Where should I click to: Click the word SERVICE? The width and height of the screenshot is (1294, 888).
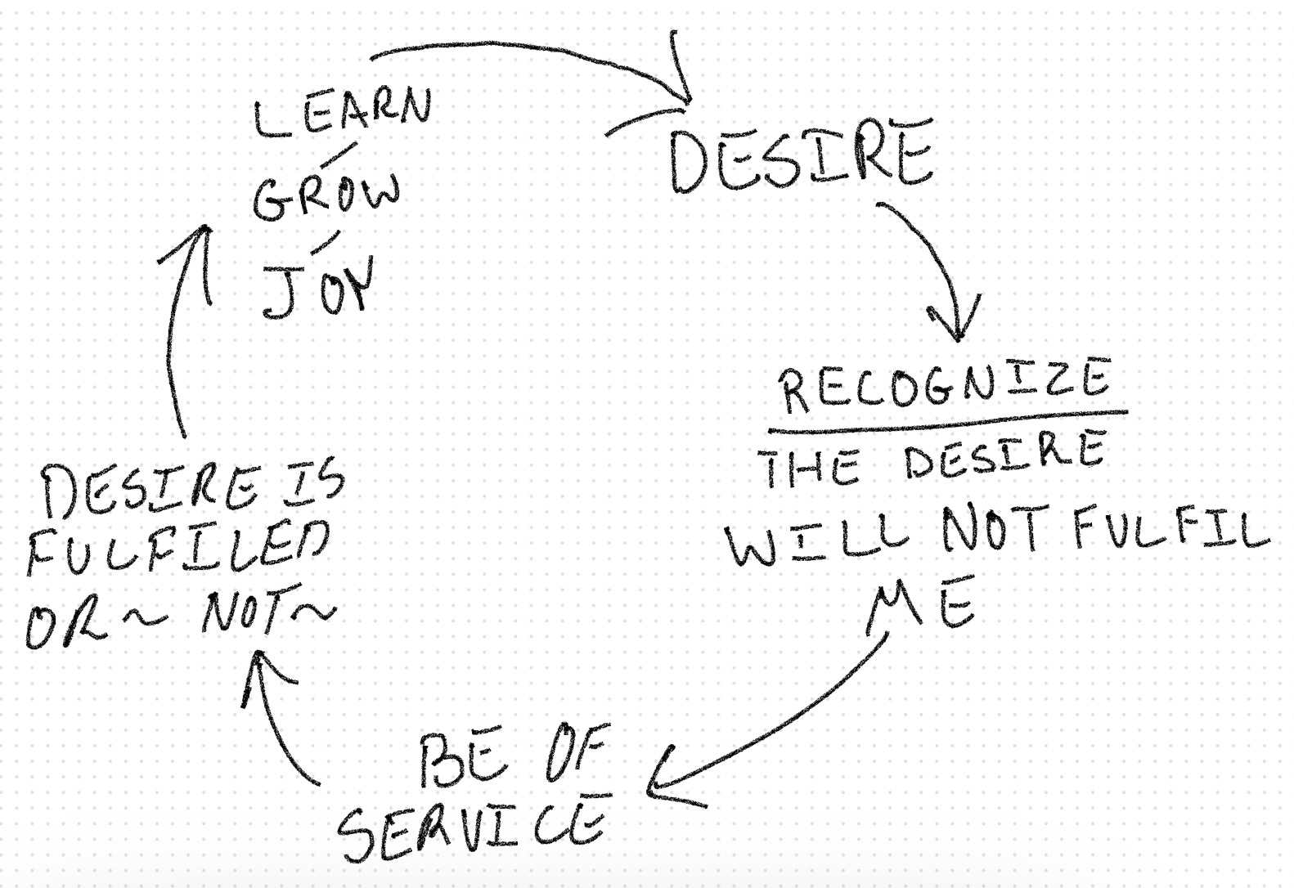473,824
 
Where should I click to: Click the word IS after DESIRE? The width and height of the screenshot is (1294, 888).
315,484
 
